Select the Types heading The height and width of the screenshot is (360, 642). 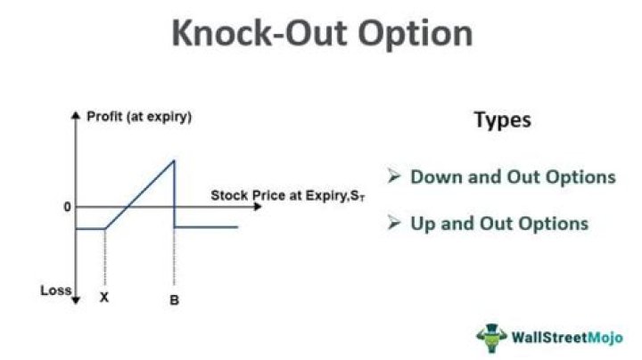tap(502, 120)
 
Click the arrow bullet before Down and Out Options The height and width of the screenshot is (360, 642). tap(394, 176)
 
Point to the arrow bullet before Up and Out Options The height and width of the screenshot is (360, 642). tap(394, 223)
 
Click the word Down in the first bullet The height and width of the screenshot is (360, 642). tap(436, 176)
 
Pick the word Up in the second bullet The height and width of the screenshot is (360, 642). tap(423, 225)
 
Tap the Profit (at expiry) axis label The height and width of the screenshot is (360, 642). tap(139, 117)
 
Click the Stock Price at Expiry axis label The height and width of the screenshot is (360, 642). tap(287, 195)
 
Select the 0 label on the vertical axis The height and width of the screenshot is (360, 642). tap(68, 207)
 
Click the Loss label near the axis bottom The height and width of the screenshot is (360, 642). tap(55, 290)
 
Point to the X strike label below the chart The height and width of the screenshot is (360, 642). tap(104, 298)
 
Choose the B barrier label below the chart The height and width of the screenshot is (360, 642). tap(174, 300)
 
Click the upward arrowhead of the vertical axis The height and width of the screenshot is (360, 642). tap(75, 115)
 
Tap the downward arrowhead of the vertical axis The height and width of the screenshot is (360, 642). tap(75, 300)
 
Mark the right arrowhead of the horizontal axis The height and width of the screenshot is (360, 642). tap(258, 207)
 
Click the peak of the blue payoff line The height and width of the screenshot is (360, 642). tap(174, 160)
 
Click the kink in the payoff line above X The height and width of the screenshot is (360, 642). tap(105, 228)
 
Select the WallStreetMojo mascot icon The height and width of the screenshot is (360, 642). tap(491, 338)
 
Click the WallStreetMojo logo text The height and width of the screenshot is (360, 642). tap(567, 338)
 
